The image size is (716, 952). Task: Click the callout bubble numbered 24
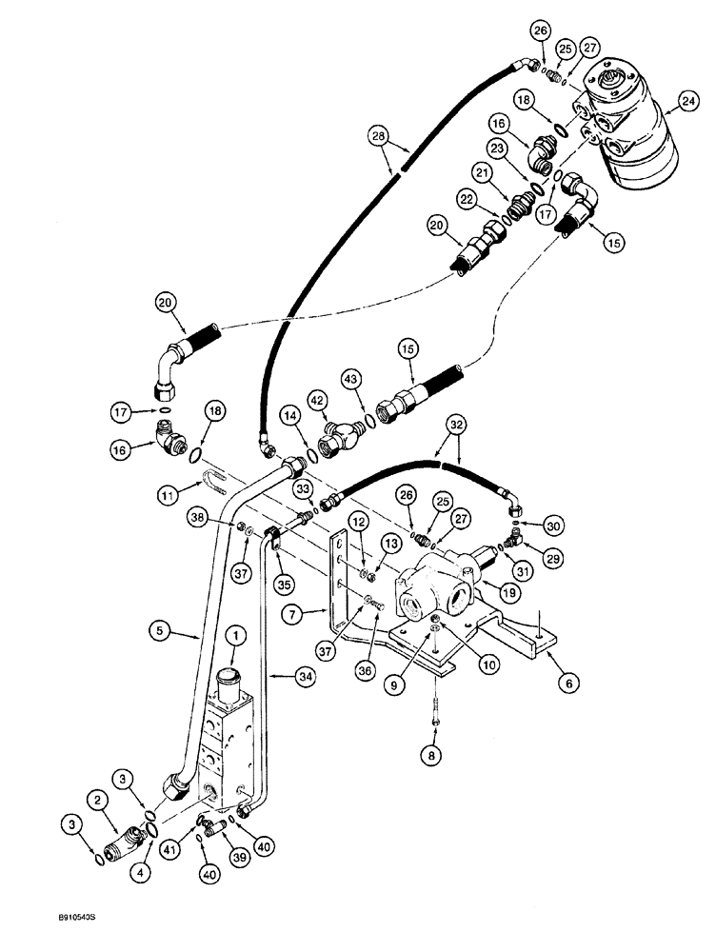point(687,102)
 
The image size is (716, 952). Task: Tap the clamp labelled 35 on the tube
point(271,541)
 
